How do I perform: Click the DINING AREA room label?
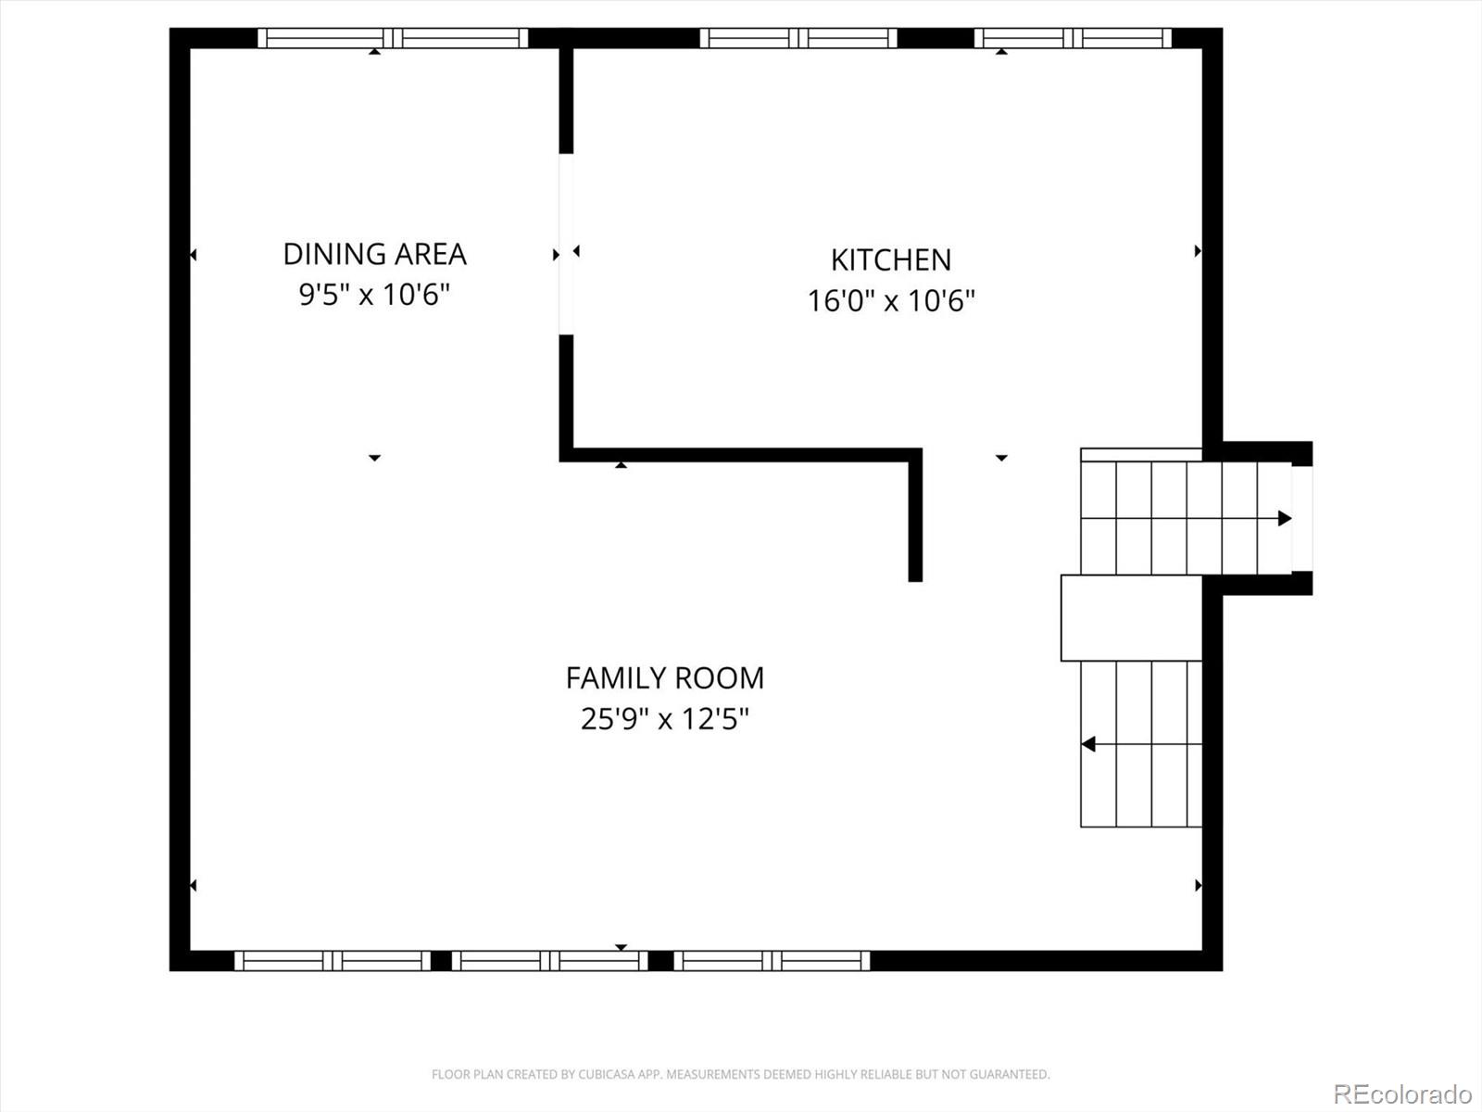click(374, 254)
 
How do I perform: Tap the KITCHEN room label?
click(890, 259)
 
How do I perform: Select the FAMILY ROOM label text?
click(665, 678)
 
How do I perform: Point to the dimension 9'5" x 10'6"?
click(374, 295)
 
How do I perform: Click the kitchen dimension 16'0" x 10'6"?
click(891, 301)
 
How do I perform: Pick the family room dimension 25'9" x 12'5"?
click(665, 719)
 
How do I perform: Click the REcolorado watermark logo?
click(1402, 1093)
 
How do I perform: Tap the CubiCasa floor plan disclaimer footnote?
click(740, 1074)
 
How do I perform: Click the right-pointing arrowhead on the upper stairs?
click(1285, 518)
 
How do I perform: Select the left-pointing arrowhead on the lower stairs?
click(1088, 743)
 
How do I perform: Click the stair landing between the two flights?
click(1131, 618)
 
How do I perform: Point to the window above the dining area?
click(393, 38)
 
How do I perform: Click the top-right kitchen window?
click(1073, 38)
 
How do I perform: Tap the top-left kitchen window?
click(798, 38)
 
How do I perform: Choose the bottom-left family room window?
click(333, 961)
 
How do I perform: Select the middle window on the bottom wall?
click(550, 961)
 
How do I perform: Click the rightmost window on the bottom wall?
click(772, 961)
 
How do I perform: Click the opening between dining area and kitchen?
click(566, 244)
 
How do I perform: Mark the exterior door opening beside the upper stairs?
click(1301, 518)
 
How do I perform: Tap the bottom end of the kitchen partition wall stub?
click(915, 576)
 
